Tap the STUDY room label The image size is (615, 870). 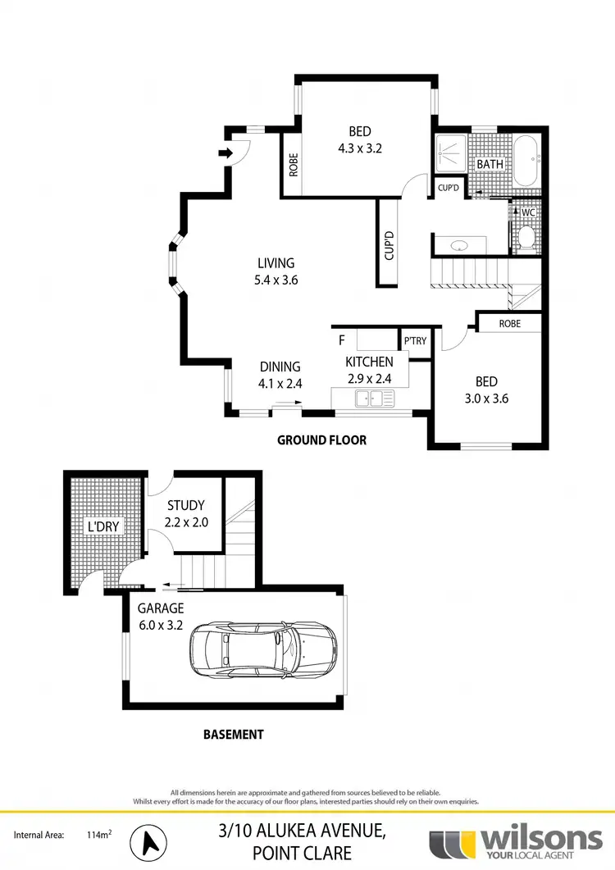tap(184, 505)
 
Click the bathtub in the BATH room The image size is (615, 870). tap(525, 162)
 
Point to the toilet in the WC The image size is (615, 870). tap(526, 236)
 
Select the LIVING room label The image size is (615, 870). tap(276, 263)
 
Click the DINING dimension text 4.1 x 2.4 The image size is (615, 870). tap(280, 381)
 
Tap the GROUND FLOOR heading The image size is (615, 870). tap(321, 440)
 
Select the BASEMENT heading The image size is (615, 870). tap(234, 735)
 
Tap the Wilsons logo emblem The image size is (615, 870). tap(452, 841)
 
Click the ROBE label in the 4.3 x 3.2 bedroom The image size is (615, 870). tap(293, 166)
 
